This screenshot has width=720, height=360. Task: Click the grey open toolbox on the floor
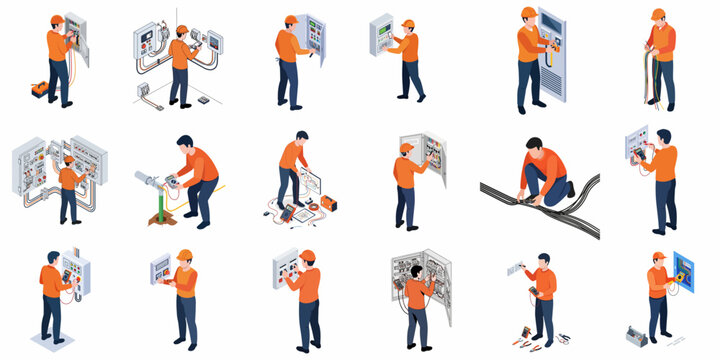tap(636, 333)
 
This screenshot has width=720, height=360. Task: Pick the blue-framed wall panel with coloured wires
tap(684, 272)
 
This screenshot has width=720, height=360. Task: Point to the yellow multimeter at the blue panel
tap(680, 275)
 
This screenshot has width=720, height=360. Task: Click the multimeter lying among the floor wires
tap(288, 212)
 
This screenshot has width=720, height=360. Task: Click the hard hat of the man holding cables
tap(657, 14)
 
